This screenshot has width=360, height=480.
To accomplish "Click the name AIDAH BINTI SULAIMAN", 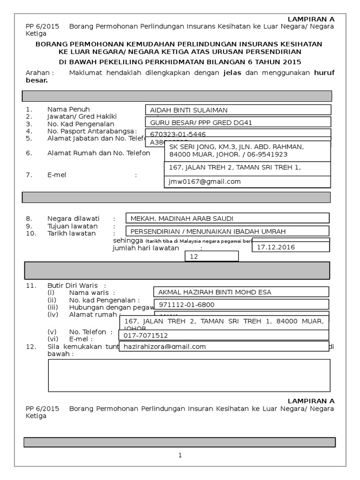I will pos(188,110).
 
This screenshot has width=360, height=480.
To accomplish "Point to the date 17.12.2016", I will pos(276,247).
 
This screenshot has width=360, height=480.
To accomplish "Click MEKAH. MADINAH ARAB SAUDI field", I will pos(181,218).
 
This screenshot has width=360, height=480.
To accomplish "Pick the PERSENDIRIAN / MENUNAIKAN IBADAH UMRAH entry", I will pos(208,232).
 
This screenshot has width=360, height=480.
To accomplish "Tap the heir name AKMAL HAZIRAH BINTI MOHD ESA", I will pos(215,292).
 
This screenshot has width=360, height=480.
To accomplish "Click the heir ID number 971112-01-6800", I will pos(187,305).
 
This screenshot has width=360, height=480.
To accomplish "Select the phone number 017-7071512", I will pos(146,336).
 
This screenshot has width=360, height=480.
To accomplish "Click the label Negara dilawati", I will pos(74,218).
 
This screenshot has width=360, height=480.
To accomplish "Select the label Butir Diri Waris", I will pos(74,285).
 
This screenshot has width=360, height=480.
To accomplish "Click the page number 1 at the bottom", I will pos(180,455).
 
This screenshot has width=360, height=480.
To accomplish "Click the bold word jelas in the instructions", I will pos(233,73).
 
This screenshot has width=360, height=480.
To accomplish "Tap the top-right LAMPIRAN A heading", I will pos(311,19).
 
